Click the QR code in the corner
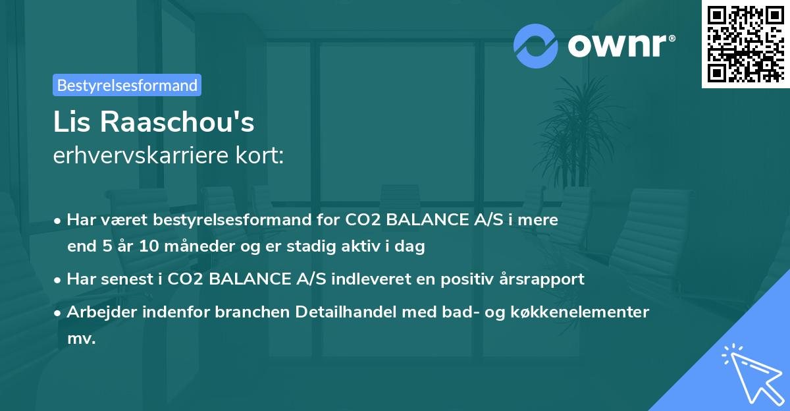coord(746,43)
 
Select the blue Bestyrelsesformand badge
coord(126,85)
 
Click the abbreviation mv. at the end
coord(82,339)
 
